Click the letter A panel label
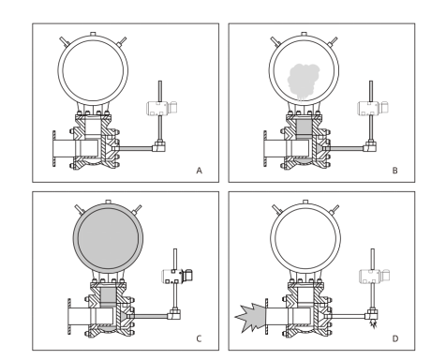[200, 171]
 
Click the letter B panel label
[395, 171]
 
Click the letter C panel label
[199, 338]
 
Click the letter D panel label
[395, 338]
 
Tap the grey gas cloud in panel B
[303, 81]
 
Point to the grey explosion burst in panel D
[250, 318]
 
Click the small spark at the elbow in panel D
[373, 324]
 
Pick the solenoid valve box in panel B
[373, 108]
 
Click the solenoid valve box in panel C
[177, 276]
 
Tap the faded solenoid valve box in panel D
[375, 276]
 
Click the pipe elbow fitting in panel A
[159, 146]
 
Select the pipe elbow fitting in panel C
[174, 314]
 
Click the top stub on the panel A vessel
[93, 34]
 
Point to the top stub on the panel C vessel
[108, 202]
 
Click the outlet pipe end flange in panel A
[54, 149]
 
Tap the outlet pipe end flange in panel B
[265, 149]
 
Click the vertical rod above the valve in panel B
[371, 91]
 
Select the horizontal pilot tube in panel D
[346, 316]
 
